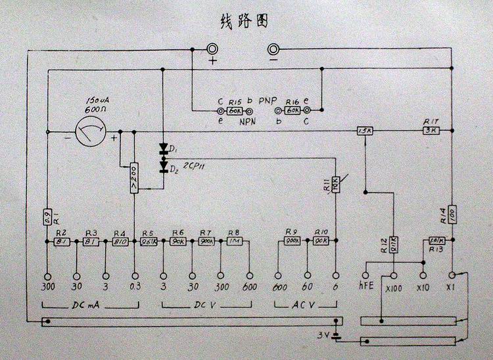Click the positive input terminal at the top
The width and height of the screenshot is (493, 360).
(x=213, y=49)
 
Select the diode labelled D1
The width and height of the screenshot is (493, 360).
(x=164, y=148)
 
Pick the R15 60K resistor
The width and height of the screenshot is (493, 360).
(x=235, y=112)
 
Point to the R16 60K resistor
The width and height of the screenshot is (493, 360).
(x=293, y=112)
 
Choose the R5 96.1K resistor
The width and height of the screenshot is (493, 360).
(x=148, y=241)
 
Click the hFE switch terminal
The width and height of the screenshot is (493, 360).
(x=365, y=277)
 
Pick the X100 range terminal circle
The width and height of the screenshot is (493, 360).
(x=394, y=277)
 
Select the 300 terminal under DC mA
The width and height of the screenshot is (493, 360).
(x=47, y=277)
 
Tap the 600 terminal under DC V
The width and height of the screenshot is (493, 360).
(x=250, y=277)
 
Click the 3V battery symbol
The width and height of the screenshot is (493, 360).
(x=337, y=336)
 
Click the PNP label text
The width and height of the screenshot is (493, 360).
(x=267, y=102)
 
